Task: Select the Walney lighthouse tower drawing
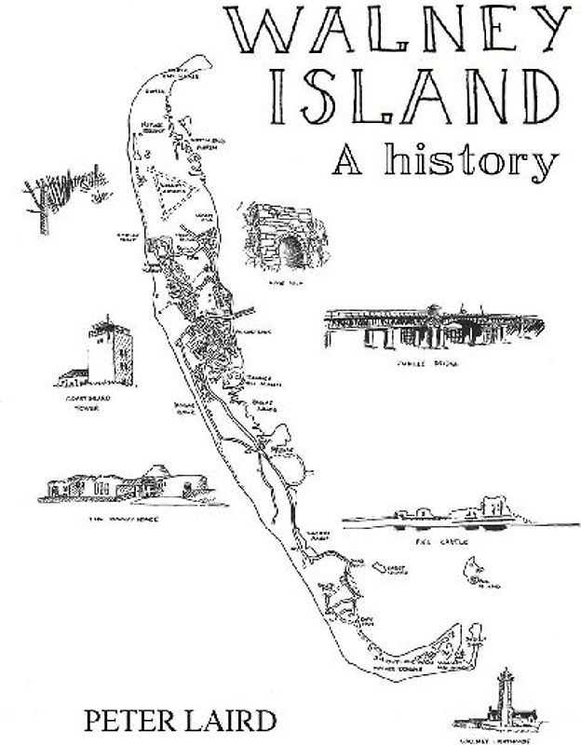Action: tap(504, 694)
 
